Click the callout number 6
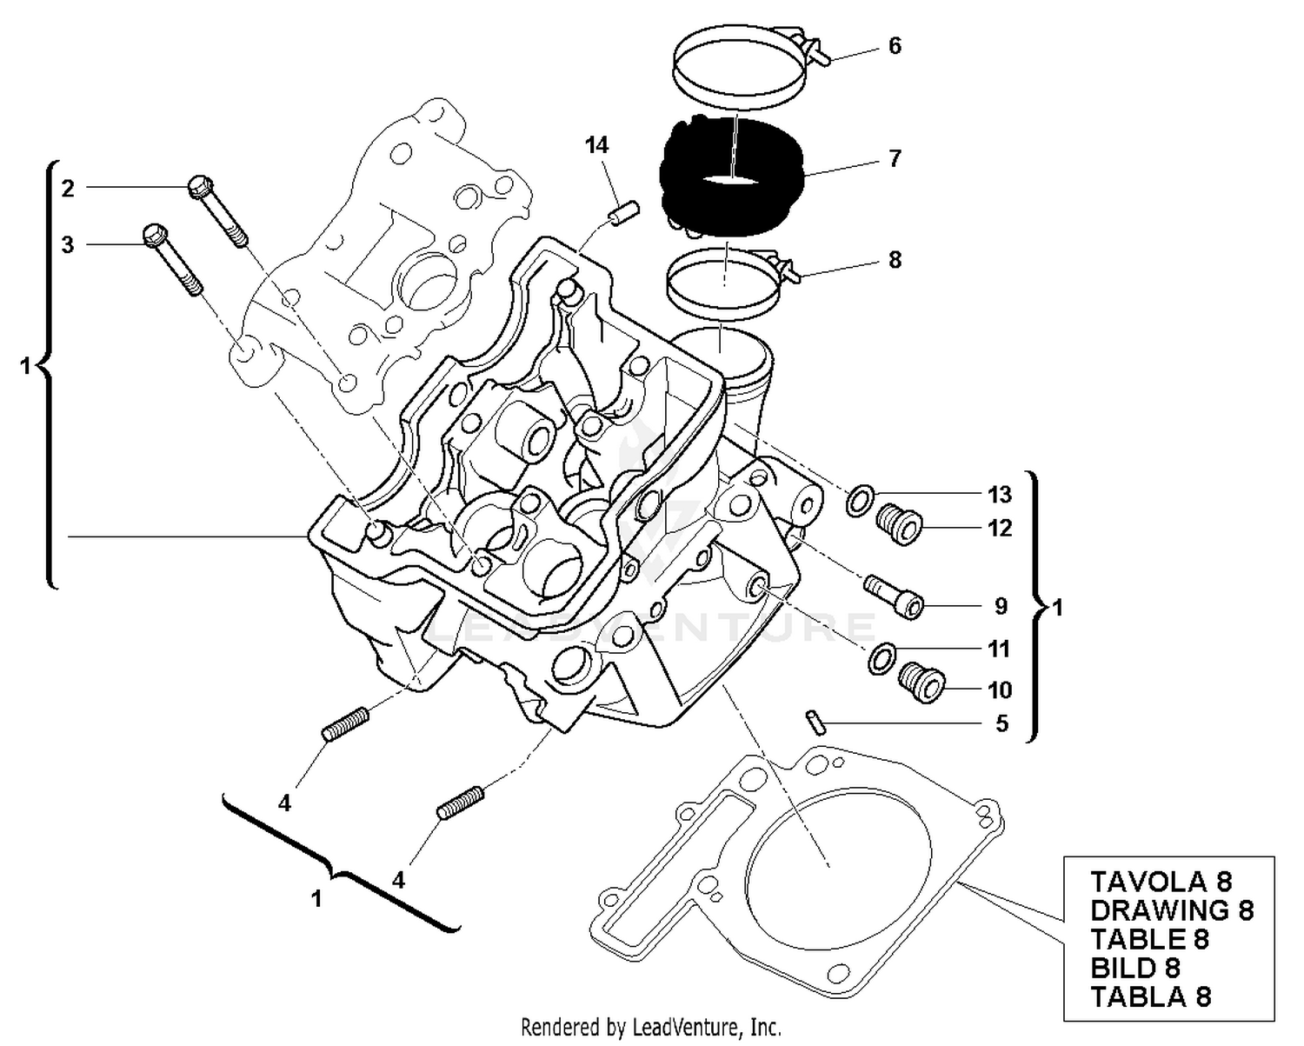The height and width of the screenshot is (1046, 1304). pos(895,46)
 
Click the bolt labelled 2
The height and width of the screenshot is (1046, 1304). pos(216,210)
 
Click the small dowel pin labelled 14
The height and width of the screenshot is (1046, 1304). pos(623,213)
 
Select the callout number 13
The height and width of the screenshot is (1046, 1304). pos(1000,494)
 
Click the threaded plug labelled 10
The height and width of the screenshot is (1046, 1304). pos(922,683)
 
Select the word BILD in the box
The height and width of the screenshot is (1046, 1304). pos(1122,968)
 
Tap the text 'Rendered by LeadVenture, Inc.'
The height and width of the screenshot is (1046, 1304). pos(650,1027)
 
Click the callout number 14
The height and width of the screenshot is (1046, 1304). pos(596,145)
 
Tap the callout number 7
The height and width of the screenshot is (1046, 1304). pos(895,158)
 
